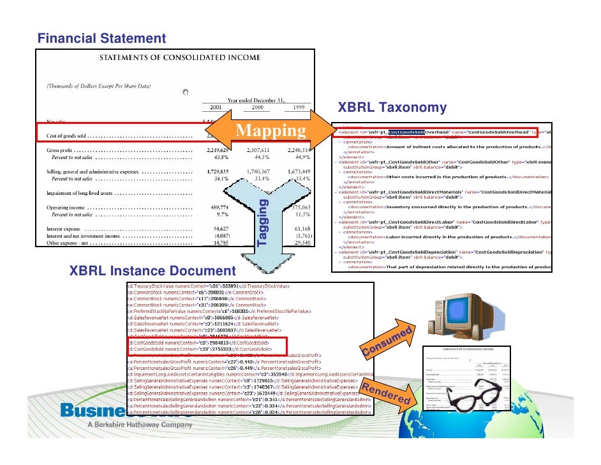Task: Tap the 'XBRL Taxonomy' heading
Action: [383, 107]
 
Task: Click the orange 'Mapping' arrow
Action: [271, 131]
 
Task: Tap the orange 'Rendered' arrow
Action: [387, 390]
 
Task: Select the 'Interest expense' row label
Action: [66, 228]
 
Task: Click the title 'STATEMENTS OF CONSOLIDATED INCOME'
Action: [179, 58]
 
